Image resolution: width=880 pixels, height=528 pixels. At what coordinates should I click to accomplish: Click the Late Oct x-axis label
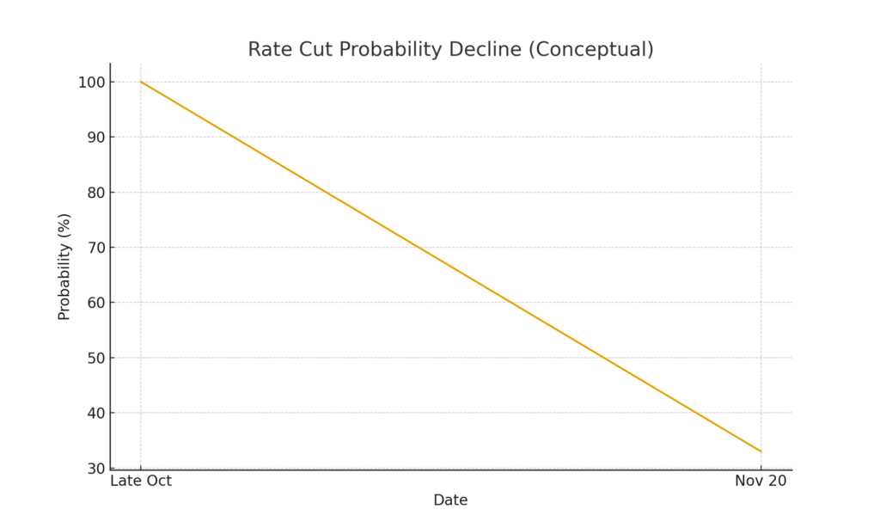coord(141,482)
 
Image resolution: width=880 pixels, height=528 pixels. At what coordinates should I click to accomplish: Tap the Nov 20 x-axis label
coord(761,482)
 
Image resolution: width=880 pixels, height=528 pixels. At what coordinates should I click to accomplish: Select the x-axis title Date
coord(450,500)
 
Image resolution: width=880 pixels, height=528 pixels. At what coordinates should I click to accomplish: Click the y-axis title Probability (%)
coord(64,267)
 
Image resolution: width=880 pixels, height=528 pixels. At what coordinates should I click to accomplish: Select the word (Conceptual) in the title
coord(591,50)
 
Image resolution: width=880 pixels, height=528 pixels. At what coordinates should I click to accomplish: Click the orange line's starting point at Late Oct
coord(141,82)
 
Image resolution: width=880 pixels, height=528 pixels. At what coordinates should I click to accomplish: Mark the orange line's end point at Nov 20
coord(761,451)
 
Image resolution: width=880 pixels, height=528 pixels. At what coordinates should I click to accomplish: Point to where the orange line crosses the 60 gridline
coord(510,303)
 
